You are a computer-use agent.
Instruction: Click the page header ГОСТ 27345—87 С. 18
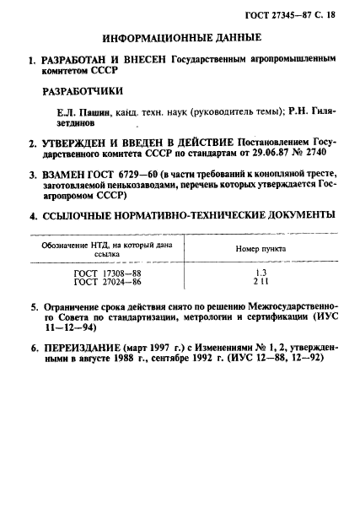[299, 15]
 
